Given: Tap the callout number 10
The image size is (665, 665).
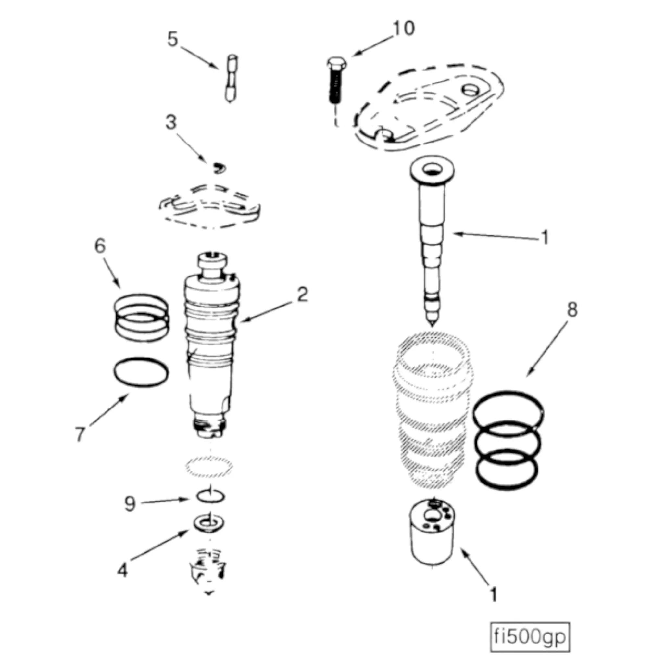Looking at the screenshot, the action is tap(403, 28).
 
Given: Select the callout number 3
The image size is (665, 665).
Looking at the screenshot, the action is tap(171, 122).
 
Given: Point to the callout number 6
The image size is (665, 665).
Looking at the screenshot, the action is tap(100, 246).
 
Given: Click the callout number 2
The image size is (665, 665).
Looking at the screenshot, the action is tap(303, 295).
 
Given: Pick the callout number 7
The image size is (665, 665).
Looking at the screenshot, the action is tap(80, 434).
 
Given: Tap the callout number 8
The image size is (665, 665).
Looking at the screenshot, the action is tap(572, 310).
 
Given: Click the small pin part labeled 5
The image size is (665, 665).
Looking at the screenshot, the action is tap(231, 79).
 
